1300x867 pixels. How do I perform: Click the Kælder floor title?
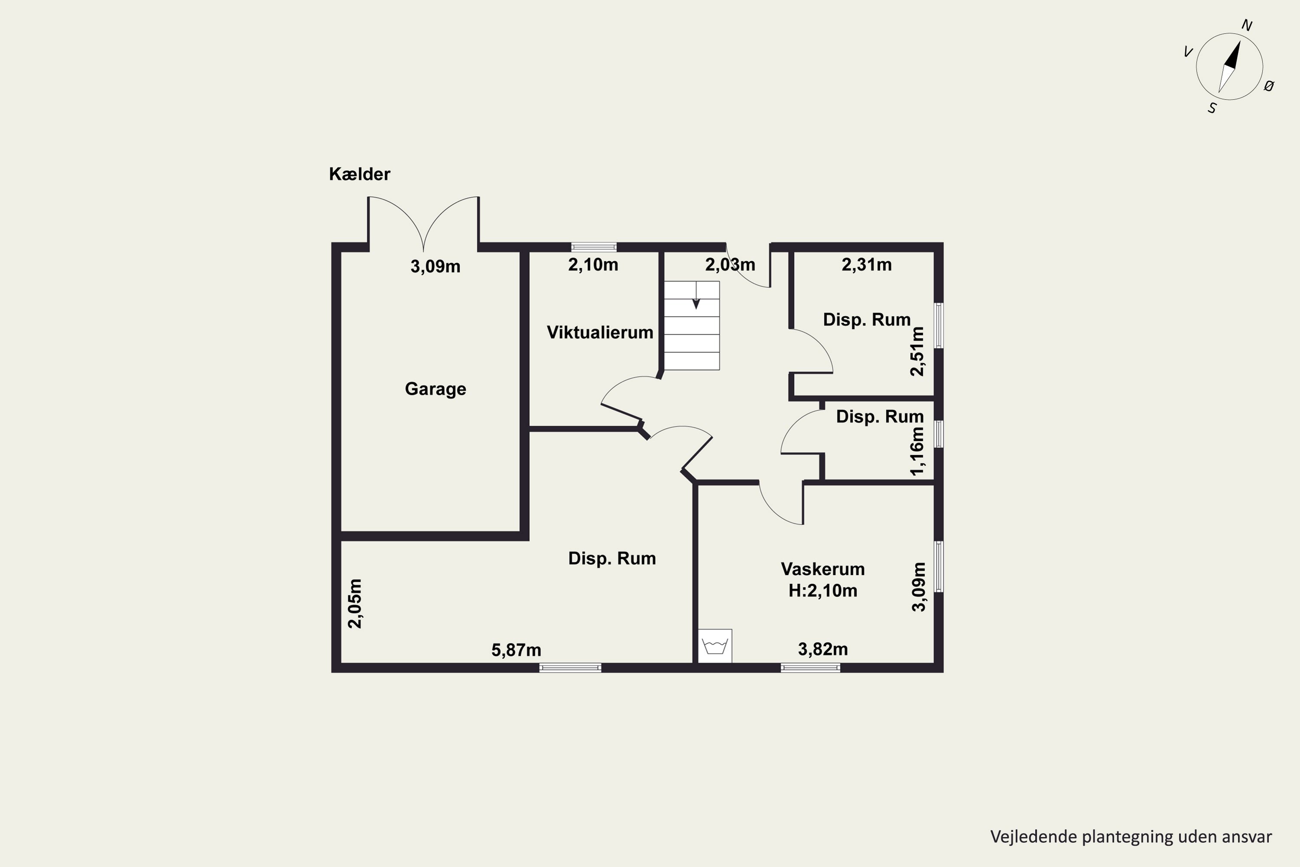coord(359,174)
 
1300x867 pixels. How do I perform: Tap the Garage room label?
coord(435,389)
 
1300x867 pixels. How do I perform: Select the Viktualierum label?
coord(600,332)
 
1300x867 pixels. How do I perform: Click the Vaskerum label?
coord(822,569)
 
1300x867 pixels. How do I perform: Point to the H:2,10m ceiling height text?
coord(822,590)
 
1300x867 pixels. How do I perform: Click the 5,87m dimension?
coord(516,650)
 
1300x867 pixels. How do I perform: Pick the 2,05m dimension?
coord(355,604)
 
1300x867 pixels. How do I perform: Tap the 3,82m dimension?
coord(822,649)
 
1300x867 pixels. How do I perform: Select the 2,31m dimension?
coord(867,265)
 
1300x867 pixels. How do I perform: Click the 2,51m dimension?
coord(917,352)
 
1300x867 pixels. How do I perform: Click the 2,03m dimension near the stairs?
coord(730,265)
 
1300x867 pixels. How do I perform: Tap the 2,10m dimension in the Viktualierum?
coord(593,265)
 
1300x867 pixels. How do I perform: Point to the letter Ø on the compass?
coord(1269,86)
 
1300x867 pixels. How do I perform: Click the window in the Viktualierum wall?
coord(594,247)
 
